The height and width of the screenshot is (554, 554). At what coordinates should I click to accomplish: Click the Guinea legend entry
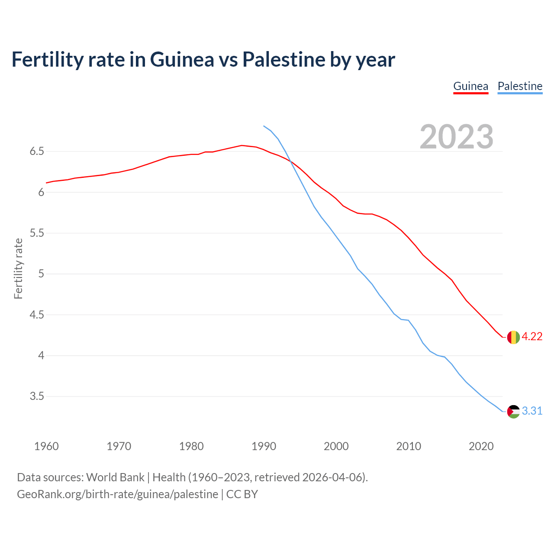[x=470, y=86]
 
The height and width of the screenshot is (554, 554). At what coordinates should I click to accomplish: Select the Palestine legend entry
[x=520, y=86]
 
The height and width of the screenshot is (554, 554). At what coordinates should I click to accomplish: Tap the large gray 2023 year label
[x=457, y=137]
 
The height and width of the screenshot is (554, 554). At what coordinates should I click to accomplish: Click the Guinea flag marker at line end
[x=513, y=337]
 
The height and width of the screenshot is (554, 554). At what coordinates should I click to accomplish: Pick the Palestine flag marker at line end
[x=513, y=411]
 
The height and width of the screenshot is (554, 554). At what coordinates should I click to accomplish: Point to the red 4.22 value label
[x=532, y=337]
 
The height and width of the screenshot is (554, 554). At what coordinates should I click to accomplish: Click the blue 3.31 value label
[x=532, y=411]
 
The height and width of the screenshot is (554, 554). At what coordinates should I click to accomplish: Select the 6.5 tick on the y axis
[x=37, y=151]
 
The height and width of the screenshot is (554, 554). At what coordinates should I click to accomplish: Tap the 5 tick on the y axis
[x=41, y=274]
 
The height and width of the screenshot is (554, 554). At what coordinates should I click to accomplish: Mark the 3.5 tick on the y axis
[x=37, y=396]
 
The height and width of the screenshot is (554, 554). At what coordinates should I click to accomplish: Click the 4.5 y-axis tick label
[x=37, y=315]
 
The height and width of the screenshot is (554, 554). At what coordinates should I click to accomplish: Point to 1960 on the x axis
[x=46, y=446]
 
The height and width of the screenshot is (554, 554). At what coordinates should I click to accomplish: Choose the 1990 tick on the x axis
[x=264, y=446]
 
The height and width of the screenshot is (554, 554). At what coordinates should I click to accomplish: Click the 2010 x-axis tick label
[x=409, y=446]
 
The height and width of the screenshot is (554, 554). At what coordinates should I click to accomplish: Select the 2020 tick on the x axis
[x=481, y=446]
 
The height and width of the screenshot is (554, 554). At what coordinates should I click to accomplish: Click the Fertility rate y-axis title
[x=18, y=268]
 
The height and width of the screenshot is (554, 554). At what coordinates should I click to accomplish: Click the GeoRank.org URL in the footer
[x=117, y=494]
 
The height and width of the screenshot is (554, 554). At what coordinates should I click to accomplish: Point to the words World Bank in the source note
[x=115, y=477]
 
